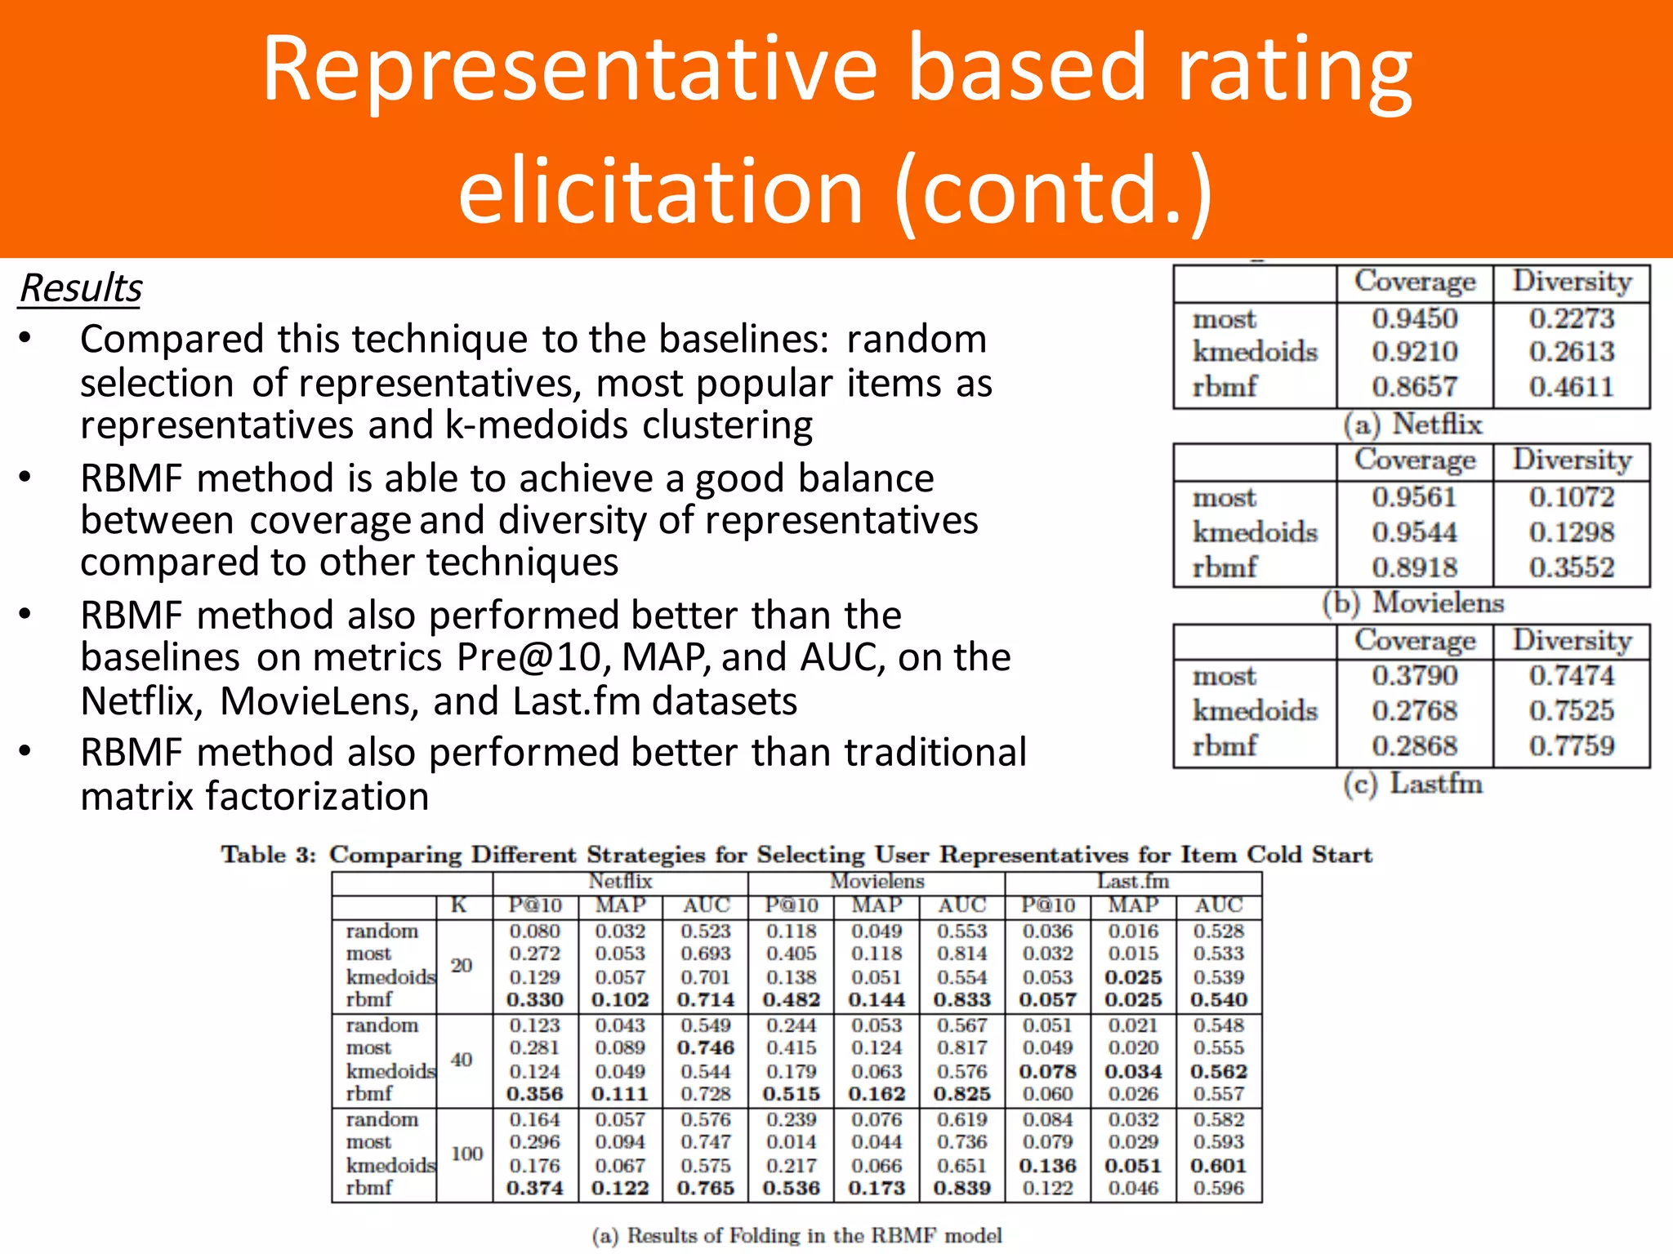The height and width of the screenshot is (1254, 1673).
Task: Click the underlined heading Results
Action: (80, 288)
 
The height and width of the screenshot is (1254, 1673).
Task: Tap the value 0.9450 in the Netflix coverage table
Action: (1414, 318)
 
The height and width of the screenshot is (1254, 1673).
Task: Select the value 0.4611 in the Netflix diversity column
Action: (1572, 386)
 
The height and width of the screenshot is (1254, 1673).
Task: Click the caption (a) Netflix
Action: (1412, 425)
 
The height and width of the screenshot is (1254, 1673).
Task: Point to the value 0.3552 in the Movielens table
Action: (1572, 567)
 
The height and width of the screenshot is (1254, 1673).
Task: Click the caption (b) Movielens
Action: (1412, 603)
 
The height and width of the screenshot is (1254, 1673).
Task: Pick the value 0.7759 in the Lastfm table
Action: (1572, 745)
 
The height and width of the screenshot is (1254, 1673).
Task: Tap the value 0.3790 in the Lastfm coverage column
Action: (1414, 676)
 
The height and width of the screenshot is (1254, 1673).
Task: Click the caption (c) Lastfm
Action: (1412, 784)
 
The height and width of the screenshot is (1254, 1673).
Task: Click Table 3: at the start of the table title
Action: (268, 855)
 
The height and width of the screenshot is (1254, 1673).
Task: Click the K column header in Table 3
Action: (459, 905)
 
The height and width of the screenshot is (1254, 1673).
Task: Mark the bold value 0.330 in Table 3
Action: (535, 999)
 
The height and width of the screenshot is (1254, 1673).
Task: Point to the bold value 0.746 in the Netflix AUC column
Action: (706, 1047)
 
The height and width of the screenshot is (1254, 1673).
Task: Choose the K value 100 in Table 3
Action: (466, 1154)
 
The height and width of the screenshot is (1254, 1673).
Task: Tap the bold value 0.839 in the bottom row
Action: (962, 1188)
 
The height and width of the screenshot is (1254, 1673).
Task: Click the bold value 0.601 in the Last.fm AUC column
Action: (1218, 1166)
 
